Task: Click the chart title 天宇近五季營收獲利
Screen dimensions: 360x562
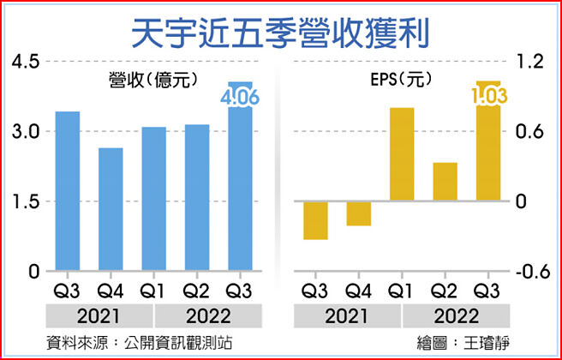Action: pos(280,33)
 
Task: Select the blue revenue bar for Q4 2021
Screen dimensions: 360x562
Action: pos(111,209)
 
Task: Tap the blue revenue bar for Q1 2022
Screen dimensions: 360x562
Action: pos(154,199)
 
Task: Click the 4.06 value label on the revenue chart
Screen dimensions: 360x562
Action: pos(240,99)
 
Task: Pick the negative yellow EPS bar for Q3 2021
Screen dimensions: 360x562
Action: pos(316,220)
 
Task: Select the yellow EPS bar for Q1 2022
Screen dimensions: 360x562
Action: pos(402,154)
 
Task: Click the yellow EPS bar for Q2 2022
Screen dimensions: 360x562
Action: pos(445,182)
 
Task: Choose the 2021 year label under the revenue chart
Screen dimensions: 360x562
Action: pos(88,315)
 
